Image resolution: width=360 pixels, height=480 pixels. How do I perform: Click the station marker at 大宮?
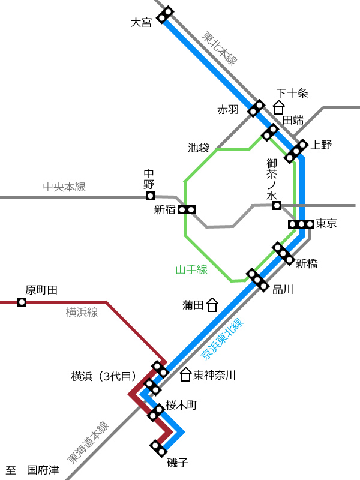tap(165, 14)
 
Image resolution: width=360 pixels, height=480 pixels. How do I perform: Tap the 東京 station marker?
tap(301, 224)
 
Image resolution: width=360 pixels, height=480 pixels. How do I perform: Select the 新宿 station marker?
tap(187, 209)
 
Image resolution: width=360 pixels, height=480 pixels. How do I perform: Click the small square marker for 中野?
tap(150, 196)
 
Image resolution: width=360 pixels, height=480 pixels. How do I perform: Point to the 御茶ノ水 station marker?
tap(277, 205)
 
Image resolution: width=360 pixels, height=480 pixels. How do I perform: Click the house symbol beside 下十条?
tap(278, 107)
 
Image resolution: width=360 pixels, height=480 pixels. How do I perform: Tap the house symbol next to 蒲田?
tap(212, 305)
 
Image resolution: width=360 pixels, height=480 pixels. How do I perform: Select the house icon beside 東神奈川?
tap(185, 374)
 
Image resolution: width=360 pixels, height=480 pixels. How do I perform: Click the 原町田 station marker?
tap(22, 302)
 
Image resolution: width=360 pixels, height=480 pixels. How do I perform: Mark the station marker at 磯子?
tap(158, 448)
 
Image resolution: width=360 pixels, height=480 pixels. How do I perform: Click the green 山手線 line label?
tap(191, 269)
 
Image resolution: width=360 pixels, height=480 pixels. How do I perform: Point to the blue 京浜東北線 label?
tap(222, 339)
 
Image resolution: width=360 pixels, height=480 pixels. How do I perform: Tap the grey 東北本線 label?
tap(219, 49)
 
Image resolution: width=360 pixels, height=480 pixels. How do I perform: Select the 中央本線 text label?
tap(64, 187)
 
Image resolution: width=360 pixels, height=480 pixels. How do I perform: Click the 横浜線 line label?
tap(82, 312)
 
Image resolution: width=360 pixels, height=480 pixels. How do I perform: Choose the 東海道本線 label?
tap(88, 443)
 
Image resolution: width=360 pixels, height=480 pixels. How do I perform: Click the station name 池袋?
tap(199, 148)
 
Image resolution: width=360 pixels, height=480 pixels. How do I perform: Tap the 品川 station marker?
tap(257, 280)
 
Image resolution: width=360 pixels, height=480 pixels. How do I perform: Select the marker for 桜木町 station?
tap(155, 412)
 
